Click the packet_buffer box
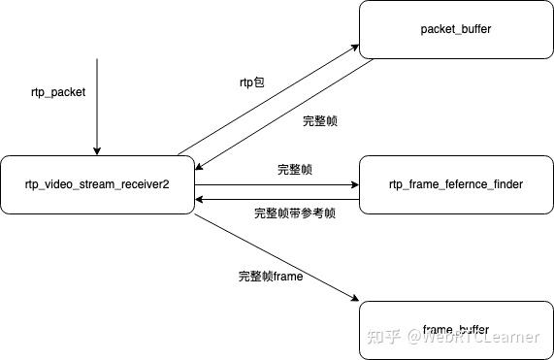pyautogui.click(x=456, y=30)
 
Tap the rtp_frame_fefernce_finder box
pyautogui.click(x=456, y=183)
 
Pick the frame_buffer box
pyautogui.click(x=456, y=330)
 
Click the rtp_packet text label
pyautogui.click(x=58, y=93)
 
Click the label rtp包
pyautogui.click(x=252, y=83)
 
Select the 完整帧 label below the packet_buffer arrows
pyautogui.click(x=320, y=121)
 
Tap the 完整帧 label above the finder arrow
pyautogui.click(x=295, y=169)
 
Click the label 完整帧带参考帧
pyautogui.click(x=295, y=213)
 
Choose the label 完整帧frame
pyautogui.click(x=271, y=277)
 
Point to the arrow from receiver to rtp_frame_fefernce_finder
pyautogui.click(x=277, y=182)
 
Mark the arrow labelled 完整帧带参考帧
pyautogui.click(x=277, y=199)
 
